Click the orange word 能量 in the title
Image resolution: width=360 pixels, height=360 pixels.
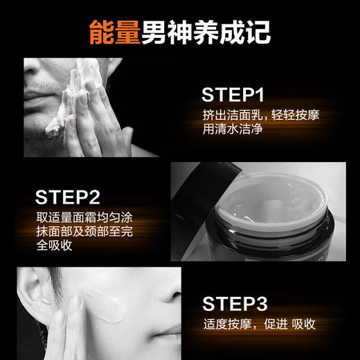[115, 32]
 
